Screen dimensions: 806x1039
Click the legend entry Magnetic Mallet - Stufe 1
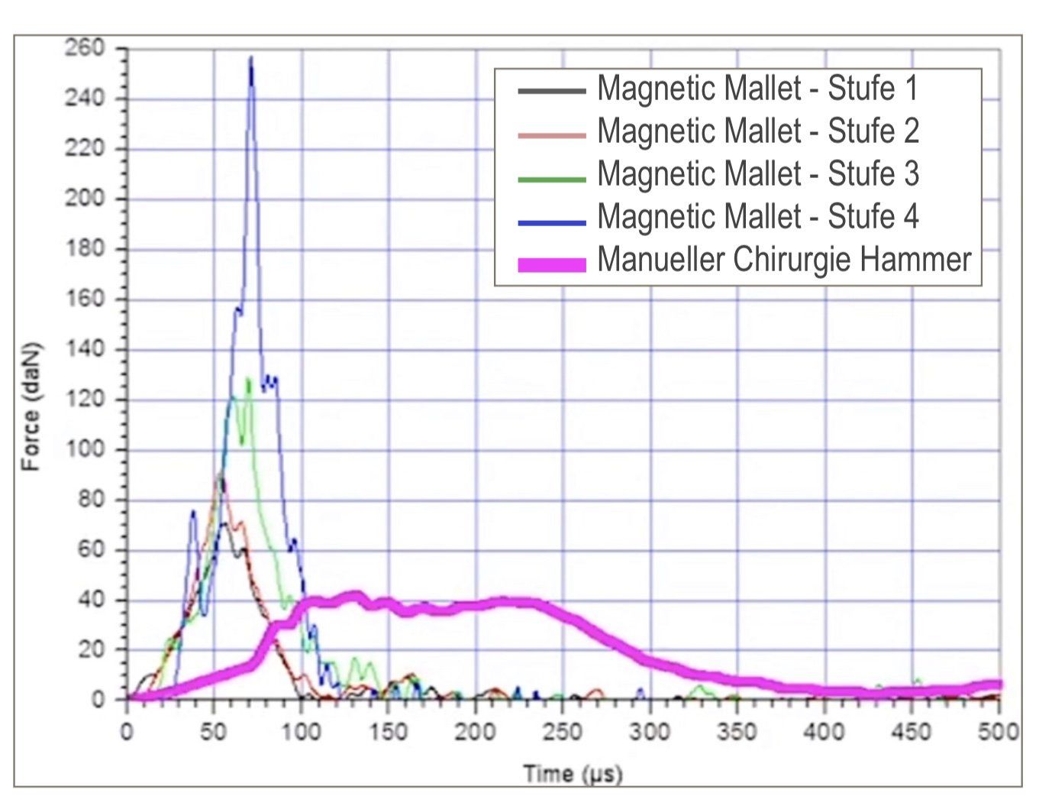pyautogui.click(x=757, y=89)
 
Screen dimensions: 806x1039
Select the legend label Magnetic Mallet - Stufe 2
pyautogui.click(x=757, y=131)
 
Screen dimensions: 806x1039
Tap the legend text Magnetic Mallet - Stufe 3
pyautogui.click(x=757, y=174)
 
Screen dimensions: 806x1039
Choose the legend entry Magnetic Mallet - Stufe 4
pyautogui.click(x=757, y=217)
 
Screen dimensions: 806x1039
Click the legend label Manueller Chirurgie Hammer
pyautogui.click(x=783, y=260)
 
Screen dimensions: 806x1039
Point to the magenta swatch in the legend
pyautogui.click(x=552, y=264)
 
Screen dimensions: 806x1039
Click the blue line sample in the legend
pyautogui.click(x=552, y=222)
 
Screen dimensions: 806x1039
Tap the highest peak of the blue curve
pyautogui.click(x=250, y=57)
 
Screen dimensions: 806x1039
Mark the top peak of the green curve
pyautogui.click(x=248, y=380)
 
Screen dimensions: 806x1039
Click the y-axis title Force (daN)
pyautogui.click(x=30, y=406)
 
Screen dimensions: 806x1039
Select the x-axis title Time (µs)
pyautogui.click(x=573, y=774)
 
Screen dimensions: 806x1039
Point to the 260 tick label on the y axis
pyautogui.click(x=84, y=48)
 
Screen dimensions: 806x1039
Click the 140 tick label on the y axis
pyautogui.click(x=84, y=349)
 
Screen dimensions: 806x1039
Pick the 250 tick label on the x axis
pyautogui.click(x=563, y=732)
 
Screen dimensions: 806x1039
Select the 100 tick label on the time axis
pyautogui.click(x=301, y=732)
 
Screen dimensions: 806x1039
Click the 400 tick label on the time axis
pyautogui.click(x=824, y=732)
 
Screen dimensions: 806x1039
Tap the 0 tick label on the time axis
pyautogui.click(x=127, y=732)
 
